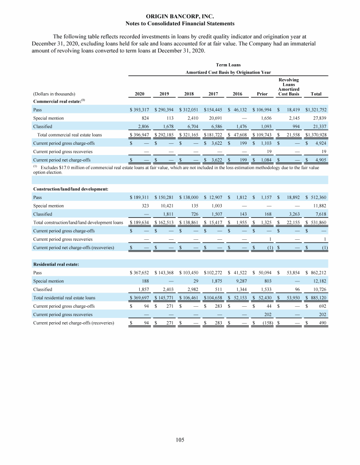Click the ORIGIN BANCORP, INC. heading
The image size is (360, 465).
[180, 16]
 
